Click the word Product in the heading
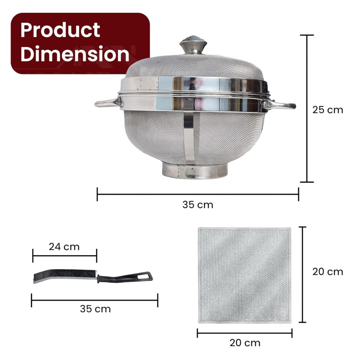point(60,30)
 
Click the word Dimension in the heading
point(75,54)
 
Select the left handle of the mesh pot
point(107,103)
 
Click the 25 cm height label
point(328,110)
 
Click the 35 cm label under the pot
point(198,205)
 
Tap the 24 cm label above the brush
point(64,247)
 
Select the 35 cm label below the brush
point(95,309)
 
